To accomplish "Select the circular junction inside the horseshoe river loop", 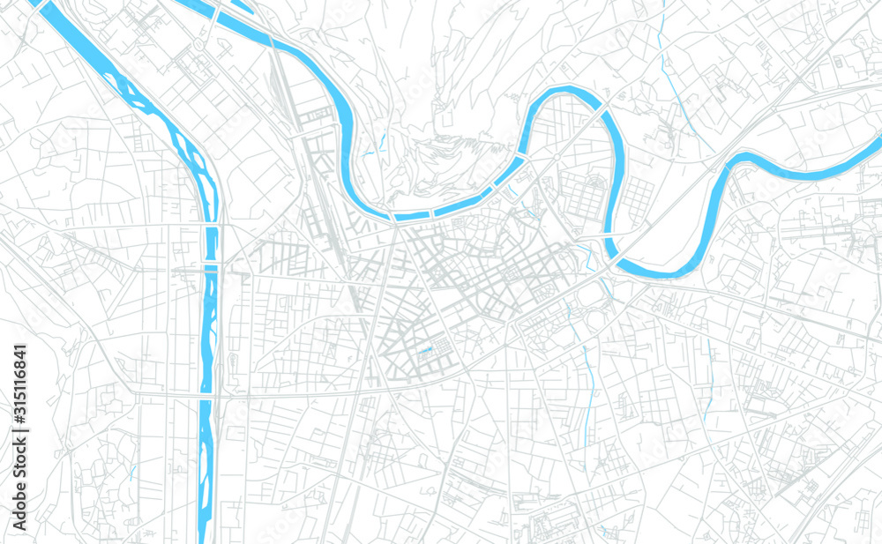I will point(557,157).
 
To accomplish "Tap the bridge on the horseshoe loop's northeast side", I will point(605,109).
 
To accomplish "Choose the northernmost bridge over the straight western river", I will point(211,227).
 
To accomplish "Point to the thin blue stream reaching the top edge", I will point(663,18).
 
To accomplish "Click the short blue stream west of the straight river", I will point(133,473).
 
